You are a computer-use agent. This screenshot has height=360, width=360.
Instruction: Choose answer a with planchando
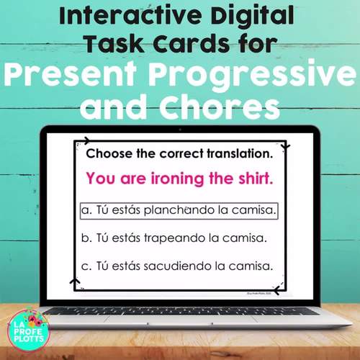[179, 210]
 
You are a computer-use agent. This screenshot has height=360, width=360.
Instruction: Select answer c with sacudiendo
[176, 266]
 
